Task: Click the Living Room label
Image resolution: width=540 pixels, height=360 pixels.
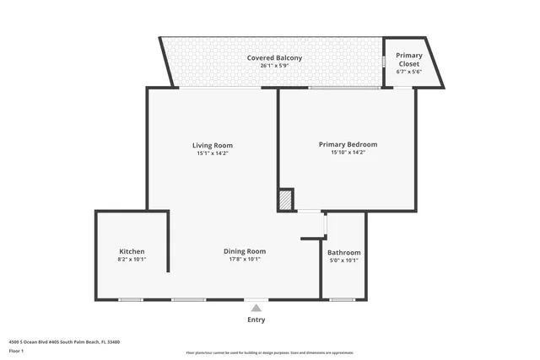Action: coord(212,145)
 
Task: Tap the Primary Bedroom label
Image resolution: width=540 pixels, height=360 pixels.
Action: coord(348,144)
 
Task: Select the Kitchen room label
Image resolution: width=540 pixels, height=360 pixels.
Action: coord(132,251)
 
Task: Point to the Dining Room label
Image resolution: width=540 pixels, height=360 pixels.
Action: coord(245,251)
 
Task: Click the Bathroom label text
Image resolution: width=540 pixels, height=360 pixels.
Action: coord(343,252)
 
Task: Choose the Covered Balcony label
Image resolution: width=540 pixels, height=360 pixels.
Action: coord(274,57)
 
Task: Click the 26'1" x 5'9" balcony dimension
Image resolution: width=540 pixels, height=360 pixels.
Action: coord(274,66)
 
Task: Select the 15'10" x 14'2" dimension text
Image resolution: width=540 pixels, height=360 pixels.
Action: coord(348,153)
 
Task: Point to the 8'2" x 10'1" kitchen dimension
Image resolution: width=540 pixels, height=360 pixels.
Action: coord(132,260)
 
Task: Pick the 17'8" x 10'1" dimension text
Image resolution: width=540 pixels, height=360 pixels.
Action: coord(245,260)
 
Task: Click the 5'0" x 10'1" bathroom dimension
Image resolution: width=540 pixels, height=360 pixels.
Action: coord(343,261)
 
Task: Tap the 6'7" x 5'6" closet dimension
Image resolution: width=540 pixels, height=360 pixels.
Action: coord(408,72)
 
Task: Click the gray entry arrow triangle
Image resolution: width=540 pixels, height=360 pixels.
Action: coord(256,308)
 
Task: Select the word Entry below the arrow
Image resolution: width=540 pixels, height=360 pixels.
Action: coord(256,320)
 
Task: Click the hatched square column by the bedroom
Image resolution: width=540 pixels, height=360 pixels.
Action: coord(286,201)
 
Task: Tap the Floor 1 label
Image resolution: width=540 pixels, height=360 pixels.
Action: coord(16,350)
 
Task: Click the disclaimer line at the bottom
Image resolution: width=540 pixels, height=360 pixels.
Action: coord(270,352)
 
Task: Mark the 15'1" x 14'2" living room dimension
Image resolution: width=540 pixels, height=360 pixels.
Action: coord(212,153)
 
